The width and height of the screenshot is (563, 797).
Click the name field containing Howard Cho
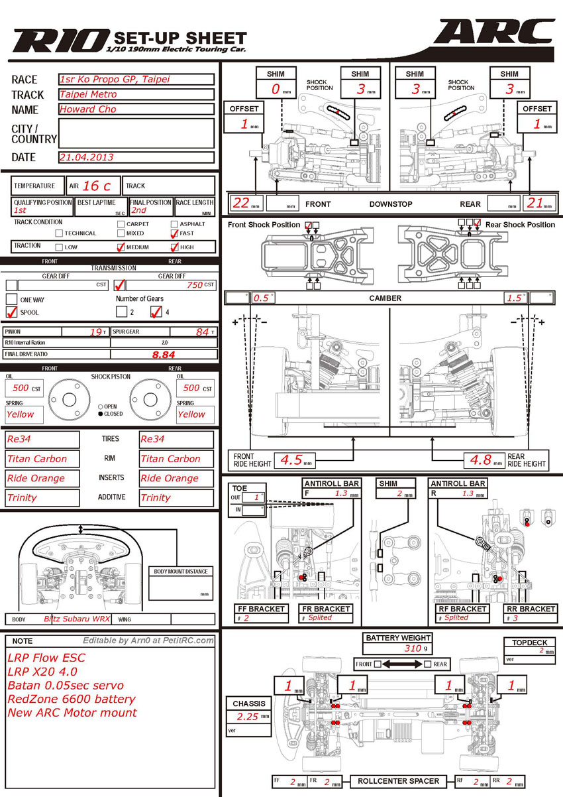[136, 109]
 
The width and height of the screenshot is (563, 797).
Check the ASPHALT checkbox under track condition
[174, 224]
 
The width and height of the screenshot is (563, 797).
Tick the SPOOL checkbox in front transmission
[12, 312]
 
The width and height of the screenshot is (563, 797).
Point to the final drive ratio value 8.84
[164, 355]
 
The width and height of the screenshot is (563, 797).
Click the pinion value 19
[95, 332]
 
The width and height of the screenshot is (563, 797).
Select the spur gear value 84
[202, 332]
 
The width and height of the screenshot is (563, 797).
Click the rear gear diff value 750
[193, 284]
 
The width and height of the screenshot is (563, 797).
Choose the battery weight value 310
[412, 648]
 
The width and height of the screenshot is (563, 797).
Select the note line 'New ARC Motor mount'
[72, 713]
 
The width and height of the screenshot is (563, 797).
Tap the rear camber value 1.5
[514, 298]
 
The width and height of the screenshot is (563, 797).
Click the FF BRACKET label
[262, 609]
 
